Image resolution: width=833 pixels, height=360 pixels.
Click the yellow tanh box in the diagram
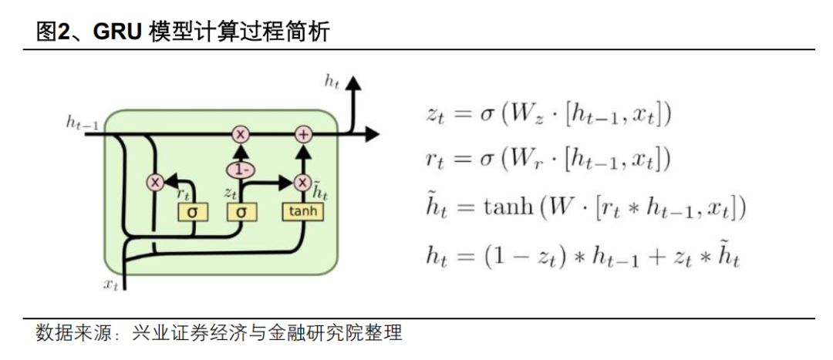[302, 210]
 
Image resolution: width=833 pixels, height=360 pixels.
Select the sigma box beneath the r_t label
[192, 211]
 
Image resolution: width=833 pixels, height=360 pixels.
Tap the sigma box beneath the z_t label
[241, 211]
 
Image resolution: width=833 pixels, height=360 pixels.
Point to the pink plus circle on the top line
[303, 134]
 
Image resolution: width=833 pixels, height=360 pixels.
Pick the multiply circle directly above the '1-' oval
[241, 134]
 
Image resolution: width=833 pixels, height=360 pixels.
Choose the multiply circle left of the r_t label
[156, 183]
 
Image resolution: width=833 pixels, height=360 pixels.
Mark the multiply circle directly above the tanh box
[302, 183]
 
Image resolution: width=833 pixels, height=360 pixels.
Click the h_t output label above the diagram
[332, 80]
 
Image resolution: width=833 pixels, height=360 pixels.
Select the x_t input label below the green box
[111, 284]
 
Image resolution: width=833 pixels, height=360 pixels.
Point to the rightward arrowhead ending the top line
[372, 134]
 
